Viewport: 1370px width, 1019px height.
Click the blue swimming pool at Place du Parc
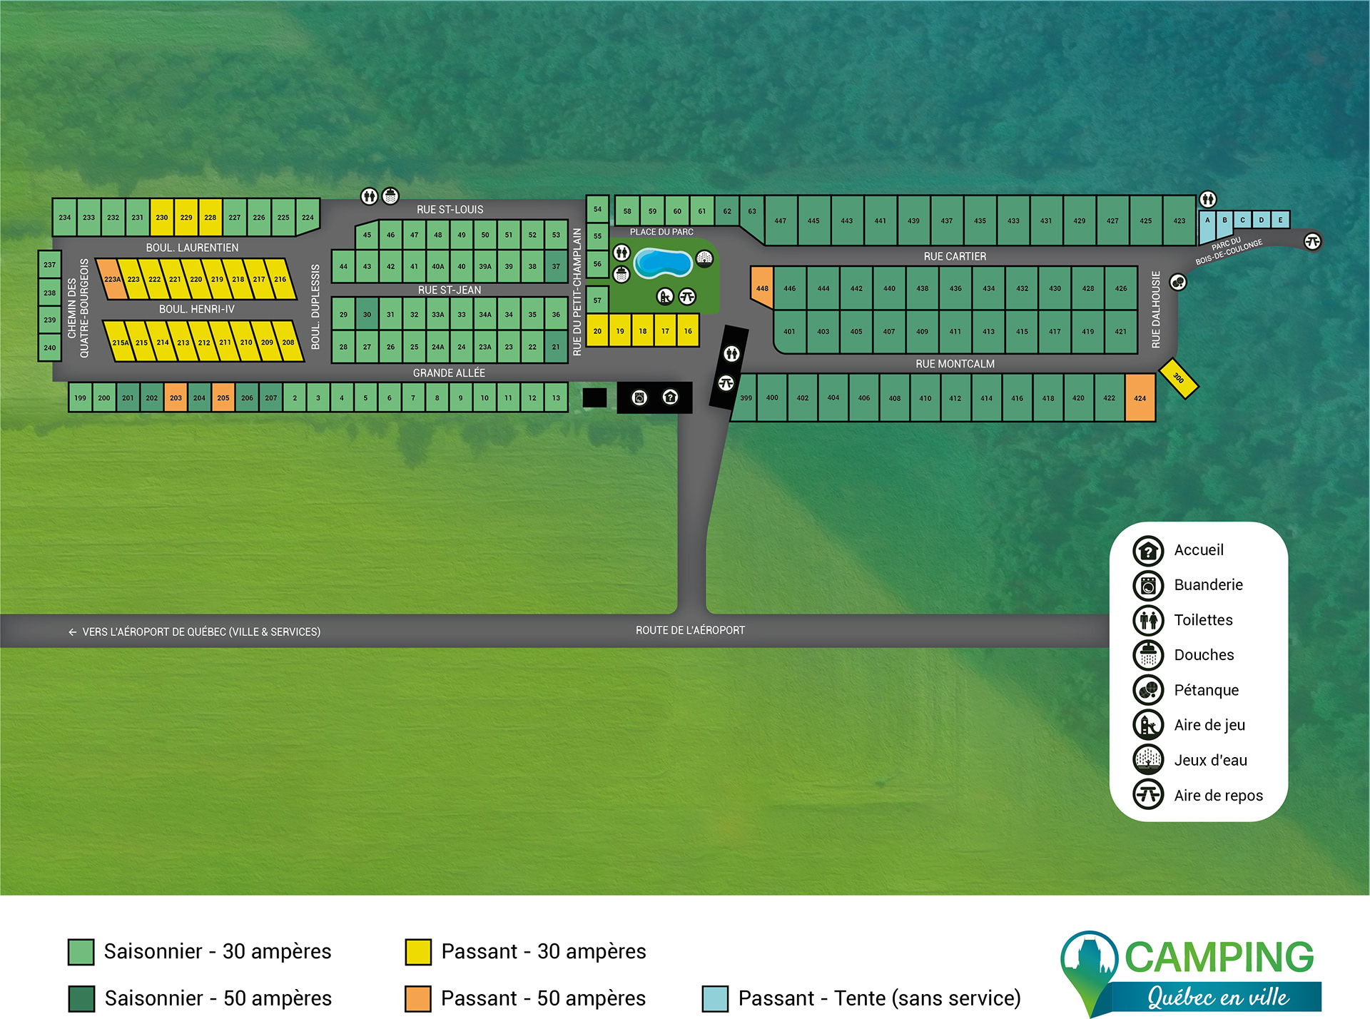click(x=663, y=263)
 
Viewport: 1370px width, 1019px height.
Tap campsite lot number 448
click(x=762, y=288)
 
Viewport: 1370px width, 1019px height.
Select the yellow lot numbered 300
click(x=1178, y=378)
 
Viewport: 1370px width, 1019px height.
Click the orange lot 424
click(x=1140, y=398)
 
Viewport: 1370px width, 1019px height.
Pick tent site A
click(x=1207, y=220)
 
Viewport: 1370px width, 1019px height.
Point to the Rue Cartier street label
click(x=955, y=256)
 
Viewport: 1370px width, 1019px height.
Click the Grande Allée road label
click(x=449, y=372)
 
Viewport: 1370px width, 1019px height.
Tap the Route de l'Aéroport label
click(x=690, y=630)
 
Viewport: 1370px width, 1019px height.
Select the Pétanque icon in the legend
click(x=1148, y=689)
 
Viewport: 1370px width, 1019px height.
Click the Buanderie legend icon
click(x=1148, y=585)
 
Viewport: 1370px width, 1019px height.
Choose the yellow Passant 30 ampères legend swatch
click(x=418, y=952)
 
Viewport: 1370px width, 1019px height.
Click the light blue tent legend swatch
click(x=715, y=998)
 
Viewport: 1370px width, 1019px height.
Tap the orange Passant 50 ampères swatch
click(x=418, y=998)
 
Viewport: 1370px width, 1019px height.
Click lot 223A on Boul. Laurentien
click(x=111, y=280)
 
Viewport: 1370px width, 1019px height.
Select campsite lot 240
click(x=49, y=348)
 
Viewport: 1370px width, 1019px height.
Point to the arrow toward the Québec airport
click(x=72, y=632)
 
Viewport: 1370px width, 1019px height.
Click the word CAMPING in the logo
click(x=1219, y=957)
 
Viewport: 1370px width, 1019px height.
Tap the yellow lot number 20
click(x=597, y=331)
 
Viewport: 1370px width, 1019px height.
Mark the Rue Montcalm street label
click(x=955, y=364)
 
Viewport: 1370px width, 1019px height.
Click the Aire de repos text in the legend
click(x=1218, y=795)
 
